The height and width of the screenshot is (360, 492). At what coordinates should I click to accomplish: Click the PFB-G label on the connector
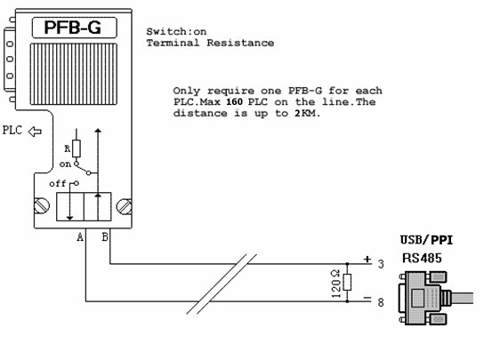pos(73,28)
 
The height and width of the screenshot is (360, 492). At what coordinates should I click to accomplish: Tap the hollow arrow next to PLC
pos(35,132)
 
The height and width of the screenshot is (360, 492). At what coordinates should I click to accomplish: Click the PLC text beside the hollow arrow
pos(12,130)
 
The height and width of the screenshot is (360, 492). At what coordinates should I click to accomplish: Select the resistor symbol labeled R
pos(77,148)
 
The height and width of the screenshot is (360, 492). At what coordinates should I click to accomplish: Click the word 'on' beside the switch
pos(65,164)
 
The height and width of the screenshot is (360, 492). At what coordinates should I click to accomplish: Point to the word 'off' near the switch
pos(58,183)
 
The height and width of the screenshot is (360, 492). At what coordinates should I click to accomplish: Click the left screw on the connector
pos(42,205)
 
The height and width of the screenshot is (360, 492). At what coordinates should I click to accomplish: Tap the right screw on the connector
pos(124,206)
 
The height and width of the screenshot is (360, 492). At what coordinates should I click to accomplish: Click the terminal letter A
pos(80,237)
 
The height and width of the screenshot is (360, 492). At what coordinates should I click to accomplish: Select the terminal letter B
pos(105,236)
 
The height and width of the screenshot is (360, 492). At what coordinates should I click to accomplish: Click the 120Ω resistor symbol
pos(347,282)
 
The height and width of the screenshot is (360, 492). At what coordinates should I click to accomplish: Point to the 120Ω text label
pos(335,284)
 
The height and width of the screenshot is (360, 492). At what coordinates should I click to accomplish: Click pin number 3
pos(381,264)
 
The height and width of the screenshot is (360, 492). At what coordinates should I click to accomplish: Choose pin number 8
pos(381,302)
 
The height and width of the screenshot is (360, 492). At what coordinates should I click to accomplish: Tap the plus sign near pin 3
pos(367,260)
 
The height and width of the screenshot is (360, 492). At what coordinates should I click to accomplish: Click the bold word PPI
pos(442,240)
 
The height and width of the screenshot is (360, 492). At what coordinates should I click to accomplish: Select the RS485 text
pos(422,258)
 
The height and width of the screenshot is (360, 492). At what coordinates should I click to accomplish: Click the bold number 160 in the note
pos(234,102)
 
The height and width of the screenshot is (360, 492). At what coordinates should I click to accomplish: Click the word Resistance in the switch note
pos(240,43)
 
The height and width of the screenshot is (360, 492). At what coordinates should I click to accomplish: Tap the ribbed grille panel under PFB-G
pos(74,74)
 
